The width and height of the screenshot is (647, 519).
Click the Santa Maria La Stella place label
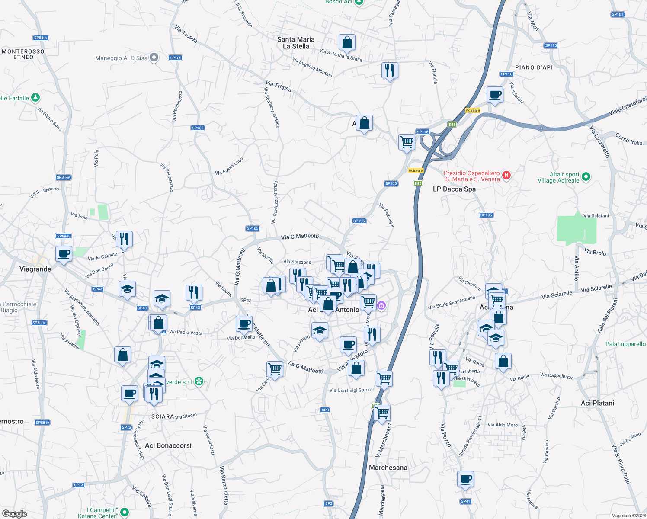(296, 43)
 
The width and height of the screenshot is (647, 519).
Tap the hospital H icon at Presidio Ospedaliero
(506, 176)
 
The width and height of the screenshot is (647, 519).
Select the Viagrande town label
(35, 269)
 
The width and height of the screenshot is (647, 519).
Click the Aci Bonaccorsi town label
(168, 445)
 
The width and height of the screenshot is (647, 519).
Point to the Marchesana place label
(388, 468)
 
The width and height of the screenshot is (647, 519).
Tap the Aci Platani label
(597, 403)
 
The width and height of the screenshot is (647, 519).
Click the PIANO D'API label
(534, 67)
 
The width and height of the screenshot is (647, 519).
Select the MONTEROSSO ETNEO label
(23, 54)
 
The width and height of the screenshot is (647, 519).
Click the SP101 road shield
(618, 14)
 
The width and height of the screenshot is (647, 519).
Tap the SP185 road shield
(486, 215)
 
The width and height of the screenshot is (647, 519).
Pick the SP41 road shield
(465, 501)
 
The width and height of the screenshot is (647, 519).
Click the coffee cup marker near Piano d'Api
(495, 94)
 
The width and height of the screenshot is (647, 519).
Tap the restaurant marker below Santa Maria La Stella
(390, 70)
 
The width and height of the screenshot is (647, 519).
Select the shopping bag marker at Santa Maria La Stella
(347, 42)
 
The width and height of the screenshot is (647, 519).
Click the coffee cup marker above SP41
(465, 479)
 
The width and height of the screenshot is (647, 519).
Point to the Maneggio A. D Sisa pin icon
(154, 58)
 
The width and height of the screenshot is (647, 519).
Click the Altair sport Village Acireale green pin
(586, 176)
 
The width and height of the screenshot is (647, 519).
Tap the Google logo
(14, 514)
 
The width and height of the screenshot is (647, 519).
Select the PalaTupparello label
(625, 344)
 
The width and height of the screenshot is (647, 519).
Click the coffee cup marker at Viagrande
(64, 253)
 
